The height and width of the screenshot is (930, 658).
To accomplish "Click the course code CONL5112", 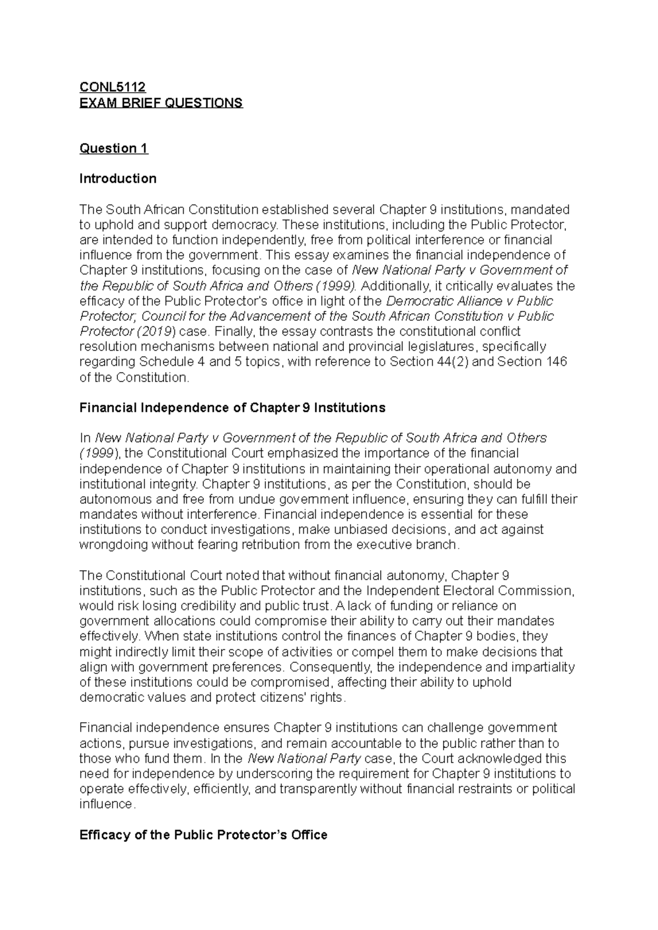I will [x=112, y=87].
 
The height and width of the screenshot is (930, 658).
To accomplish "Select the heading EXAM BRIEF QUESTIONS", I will [x=161, y=103].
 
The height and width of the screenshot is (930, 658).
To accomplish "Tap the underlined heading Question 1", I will [x=114, y=148].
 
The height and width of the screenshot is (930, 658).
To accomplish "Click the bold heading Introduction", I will [x=118, y=179].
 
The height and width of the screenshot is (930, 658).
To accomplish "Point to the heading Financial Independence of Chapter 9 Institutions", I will [x=232, y=407].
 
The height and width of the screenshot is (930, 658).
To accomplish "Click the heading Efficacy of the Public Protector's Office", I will [x=203, y=835].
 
